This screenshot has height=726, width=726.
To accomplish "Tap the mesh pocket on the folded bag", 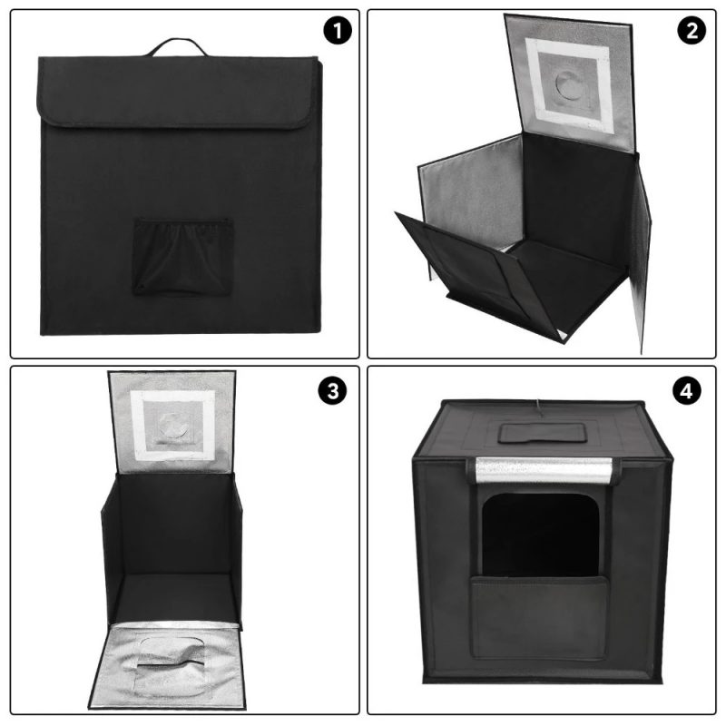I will [x=180, y=256].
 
